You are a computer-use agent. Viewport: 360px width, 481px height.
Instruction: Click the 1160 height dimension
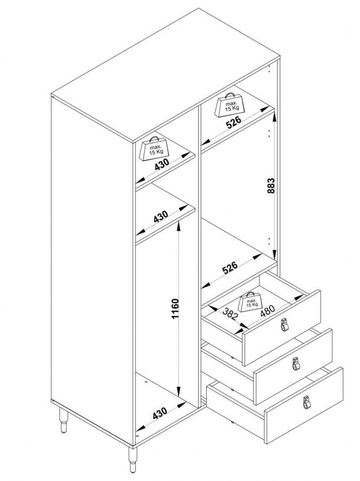click(175, 308)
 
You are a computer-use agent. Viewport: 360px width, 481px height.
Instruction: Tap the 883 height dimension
click(271, 185)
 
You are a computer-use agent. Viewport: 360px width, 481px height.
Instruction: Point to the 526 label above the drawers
click(230, 267)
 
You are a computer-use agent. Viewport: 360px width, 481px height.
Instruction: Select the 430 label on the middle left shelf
click(161, 216)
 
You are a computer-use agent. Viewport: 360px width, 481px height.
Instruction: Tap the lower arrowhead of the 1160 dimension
click(178, 393)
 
